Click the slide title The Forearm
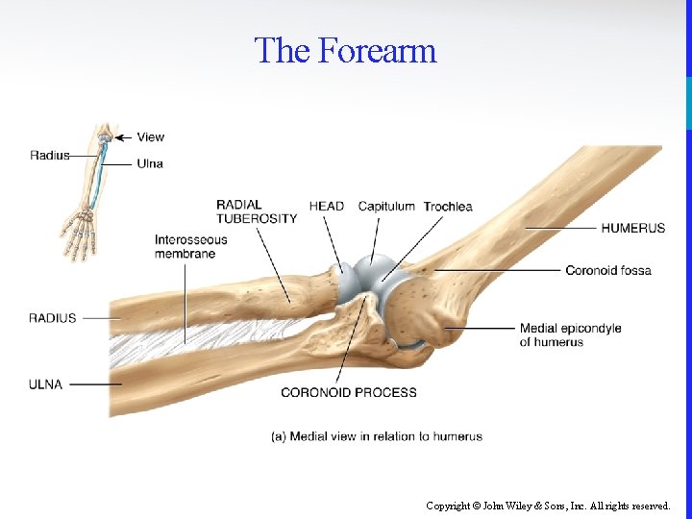[345, 50]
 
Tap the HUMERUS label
[632, 228]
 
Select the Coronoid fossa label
[607, 270]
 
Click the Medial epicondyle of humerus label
[570, 334]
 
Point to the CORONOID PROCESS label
[348, 392]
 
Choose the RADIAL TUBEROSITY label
[256, 211]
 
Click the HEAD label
[326, 206]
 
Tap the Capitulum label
[386, 206]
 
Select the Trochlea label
[448, 206]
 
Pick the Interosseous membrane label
[190, 246]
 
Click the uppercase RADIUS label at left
[52, 318]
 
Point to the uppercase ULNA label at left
[45, 384]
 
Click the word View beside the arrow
[151, 136]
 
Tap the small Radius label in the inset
[49, 156]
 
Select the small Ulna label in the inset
[150, 163]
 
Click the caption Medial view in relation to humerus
[377, 436]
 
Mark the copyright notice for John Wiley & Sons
[548, 506]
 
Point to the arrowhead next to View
[119, 136]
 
